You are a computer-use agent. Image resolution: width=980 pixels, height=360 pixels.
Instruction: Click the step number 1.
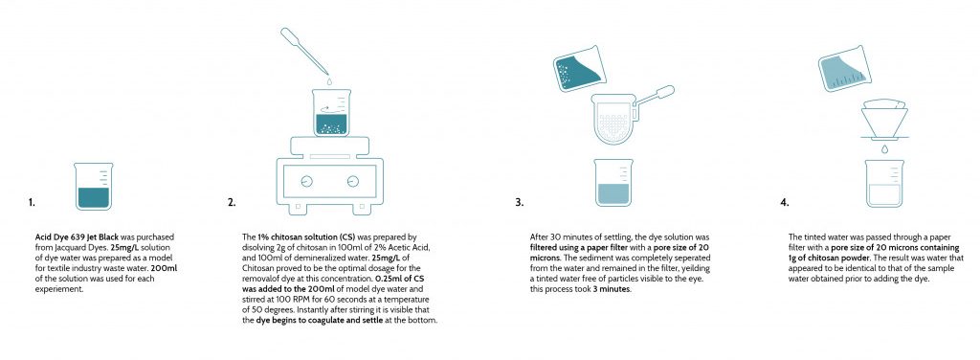tap(32, 202)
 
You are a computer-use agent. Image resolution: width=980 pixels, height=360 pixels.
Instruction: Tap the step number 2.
tap(232, 202)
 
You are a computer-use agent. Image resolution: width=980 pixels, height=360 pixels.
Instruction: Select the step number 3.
tap(520, 202)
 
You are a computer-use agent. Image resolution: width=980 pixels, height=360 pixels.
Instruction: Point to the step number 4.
tap(785, 202)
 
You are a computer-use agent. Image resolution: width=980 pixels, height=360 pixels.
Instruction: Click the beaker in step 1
tap(93, 186)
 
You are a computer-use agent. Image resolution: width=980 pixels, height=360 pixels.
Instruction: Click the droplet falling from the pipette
tap(330, 80)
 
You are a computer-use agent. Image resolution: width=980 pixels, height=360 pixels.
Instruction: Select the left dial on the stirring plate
tap(306, 181)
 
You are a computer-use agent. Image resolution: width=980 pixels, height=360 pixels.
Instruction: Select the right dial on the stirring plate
tap(353, 181)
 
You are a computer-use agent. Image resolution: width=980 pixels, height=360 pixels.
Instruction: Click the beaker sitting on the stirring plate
tap(330, 112)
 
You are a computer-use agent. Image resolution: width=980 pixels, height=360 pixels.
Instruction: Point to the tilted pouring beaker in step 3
tap(579, 68)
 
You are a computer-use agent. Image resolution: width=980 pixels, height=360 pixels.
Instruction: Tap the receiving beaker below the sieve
tap(613, 183)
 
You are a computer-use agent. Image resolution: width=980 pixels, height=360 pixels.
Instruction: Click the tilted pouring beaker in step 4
tap(845, 68)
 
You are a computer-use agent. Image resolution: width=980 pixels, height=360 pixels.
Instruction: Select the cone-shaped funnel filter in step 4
tap(884, 119)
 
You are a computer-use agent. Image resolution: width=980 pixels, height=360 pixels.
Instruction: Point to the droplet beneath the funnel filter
tap(884, 149)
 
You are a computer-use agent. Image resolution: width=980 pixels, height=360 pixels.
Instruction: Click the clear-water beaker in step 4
tap(884, 183)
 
